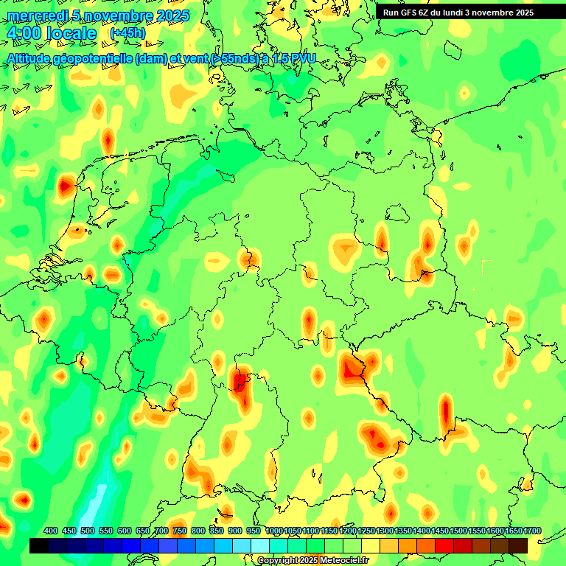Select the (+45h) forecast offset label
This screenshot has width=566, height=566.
(127, 33)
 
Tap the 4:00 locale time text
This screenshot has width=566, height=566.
(51, 34)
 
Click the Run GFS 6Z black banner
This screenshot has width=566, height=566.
(458, 13)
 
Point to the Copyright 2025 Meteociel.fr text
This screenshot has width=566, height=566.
(313, 560)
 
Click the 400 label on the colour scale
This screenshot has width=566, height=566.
(51, 531)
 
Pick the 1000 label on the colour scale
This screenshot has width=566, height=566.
(274, 531)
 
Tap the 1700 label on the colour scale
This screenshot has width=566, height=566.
(532, 531)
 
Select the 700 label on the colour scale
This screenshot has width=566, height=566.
(161, 531)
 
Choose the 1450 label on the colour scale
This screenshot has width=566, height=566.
(440, 531)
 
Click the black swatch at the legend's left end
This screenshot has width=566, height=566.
(39, 545)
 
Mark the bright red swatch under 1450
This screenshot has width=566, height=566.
(444, 545)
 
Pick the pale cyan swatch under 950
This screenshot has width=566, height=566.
(260, 545)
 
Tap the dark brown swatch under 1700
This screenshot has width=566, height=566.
(518, 545)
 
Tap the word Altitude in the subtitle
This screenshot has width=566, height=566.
(29, 58)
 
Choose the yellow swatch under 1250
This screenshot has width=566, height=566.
(371, 545)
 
